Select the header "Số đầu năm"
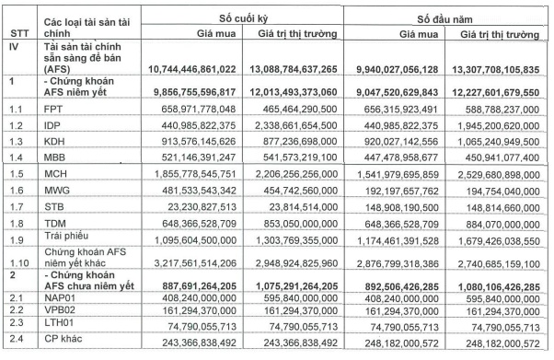(448, 17)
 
